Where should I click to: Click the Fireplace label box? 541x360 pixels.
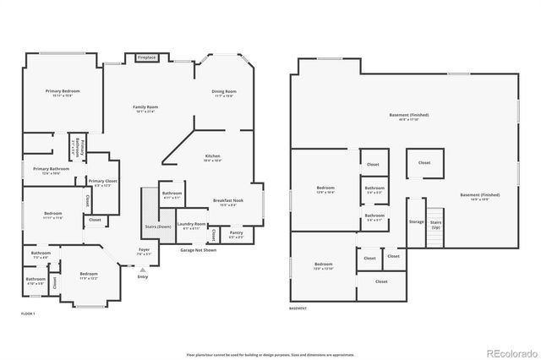coord(146,57)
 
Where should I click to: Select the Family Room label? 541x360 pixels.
coord(145,107)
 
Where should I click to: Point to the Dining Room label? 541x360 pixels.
coord(223,92)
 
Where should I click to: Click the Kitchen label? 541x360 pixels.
coord(213,157)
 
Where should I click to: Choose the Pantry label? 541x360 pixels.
coord(236,235)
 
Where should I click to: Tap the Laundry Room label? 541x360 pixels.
coord(191,226)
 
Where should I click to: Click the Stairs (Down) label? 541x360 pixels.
coord(158,226)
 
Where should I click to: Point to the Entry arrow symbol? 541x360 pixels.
coord(143,270)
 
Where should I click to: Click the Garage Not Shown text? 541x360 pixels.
coord(198,250)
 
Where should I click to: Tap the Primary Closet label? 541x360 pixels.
coord(103,182)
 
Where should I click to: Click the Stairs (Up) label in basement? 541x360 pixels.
coord(436,226)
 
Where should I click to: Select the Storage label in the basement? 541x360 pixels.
coord(416,221)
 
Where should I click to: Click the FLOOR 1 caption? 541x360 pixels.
coord(28,314)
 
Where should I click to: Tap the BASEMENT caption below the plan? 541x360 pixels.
coord(298,308)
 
